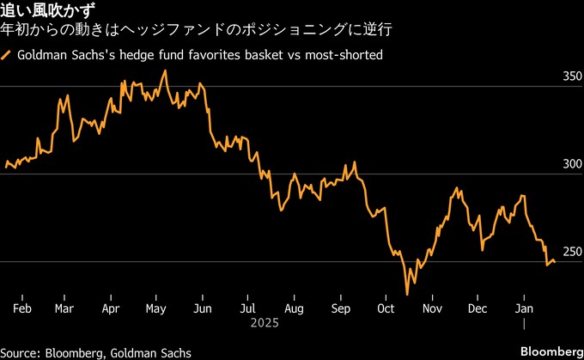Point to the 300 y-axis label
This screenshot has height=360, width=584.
(x=572, y=164)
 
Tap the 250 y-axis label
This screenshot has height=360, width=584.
(x=572, y=251)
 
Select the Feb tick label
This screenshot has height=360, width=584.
(x=24, y=308)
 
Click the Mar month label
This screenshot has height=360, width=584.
(x=64, y=308)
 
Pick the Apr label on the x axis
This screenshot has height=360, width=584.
(x=110, y=308)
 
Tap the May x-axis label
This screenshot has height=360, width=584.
(x=155, y=308)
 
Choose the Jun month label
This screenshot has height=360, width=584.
(x=203, y=308)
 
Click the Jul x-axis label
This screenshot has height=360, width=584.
(x=248, y=308)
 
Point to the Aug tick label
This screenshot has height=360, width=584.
(x=294, y=308)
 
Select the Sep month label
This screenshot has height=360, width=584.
(x=340, y=308)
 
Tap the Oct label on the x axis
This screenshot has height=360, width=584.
(x=386, y=308)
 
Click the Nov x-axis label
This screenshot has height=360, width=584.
(x=432, y=308)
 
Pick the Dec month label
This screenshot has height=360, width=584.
(x=478, y=308)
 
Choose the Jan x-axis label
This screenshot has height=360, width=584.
(x=524, y=308)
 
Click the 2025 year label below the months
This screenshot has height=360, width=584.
(x=266, y=325)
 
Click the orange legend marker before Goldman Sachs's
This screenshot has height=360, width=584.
(x=7, y=56)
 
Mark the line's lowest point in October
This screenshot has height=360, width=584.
(x=408, y=295)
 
